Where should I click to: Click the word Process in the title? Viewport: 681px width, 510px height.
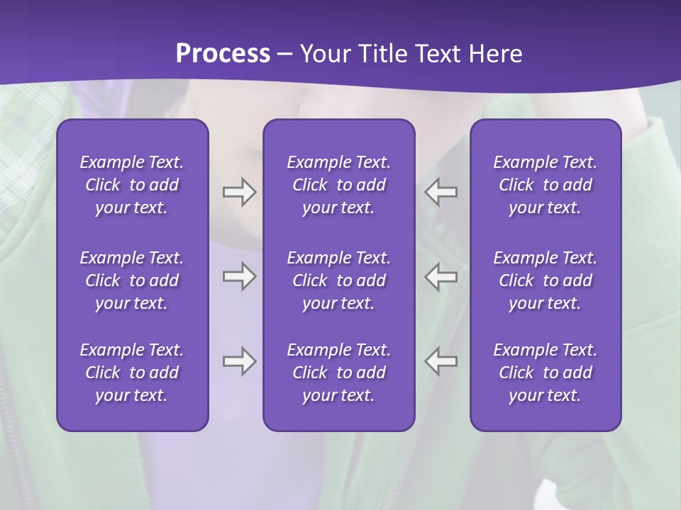[x=223, y=54]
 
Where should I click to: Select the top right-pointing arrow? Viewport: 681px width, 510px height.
[x=239, y=192]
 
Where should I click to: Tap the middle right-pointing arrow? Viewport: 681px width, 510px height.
[x=239, y=276]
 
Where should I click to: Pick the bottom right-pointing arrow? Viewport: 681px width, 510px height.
[x=239, y=361]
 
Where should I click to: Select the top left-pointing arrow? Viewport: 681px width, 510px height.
[x=441, y=192]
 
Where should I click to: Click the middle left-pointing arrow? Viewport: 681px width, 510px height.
[x=441, y=276]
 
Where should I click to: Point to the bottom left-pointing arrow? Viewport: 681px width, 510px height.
[x=441, y=361]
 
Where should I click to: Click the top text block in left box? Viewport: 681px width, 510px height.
[x=132, y=185]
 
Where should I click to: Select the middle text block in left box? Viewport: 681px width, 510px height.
[x=132, y=280]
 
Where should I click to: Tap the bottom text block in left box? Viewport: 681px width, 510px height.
[x=132, y=373]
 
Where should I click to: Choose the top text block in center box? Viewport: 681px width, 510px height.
[x=339, y=185]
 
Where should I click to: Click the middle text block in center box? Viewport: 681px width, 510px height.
[x=339, y=280]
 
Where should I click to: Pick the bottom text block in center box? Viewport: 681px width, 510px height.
[x=339, y=373]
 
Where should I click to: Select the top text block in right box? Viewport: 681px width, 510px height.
[x=546, y=185]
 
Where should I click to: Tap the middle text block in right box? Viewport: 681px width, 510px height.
[x=546, y=280]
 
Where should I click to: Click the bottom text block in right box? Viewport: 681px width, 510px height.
[x=546, y=373]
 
